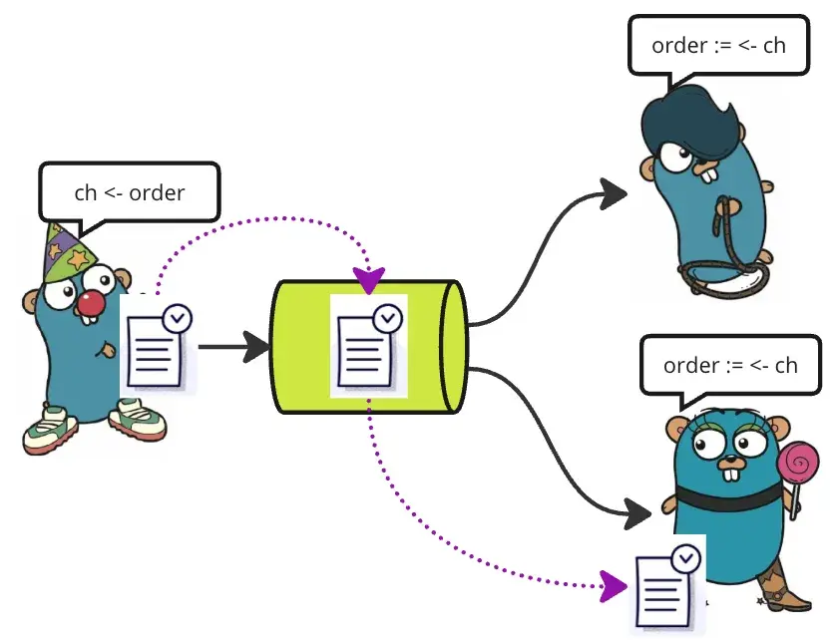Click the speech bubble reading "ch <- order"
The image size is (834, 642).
pos(129,191)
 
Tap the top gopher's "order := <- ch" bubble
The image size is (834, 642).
pos(717,46)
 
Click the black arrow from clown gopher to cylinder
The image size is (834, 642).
pos(233,347)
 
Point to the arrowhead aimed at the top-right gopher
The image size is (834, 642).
pos(612,192)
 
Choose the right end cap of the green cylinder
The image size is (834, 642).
pos(455,347)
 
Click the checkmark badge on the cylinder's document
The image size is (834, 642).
pos(387,318)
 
